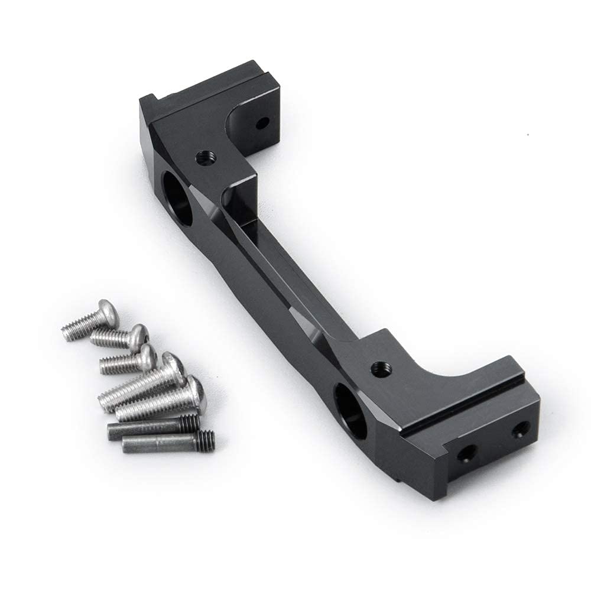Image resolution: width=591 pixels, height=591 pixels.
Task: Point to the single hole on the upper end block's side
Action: tap(263, 124)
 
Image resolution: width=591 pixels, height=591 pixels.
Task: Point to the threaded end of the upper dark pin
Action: tap(190, 422)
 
